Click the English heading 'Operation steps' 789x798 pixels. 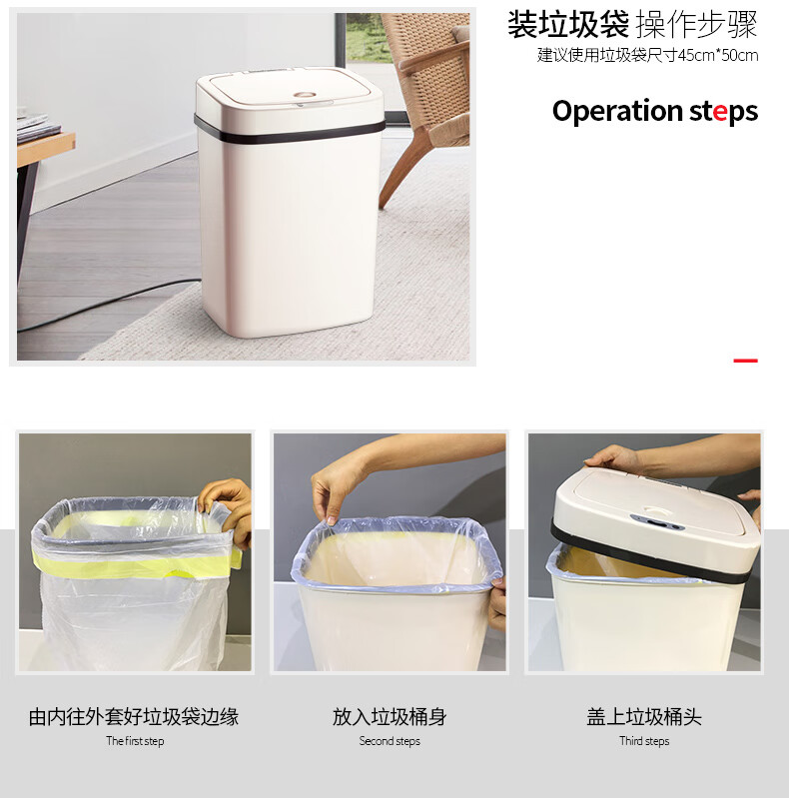point(654,112)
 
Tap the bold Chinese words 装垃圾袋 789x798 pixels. point(568,24)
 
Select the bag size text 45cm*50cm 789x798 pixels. point(718,55)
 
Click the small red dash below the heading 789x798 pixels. point(745,361)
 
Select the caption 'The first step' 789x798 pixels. point(135,741)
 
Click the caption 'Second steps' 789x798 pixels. point(390,741)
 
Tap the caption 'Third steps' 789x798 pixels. point(644,741)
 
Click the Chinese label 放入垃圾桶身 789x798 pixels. point(390,716)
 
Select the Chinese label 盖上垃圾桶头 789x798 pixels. point(644,716)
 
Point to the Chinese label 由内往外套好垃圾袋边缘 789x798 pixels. point(134,716)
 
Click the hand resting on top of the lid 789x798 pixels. point(612,458)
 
